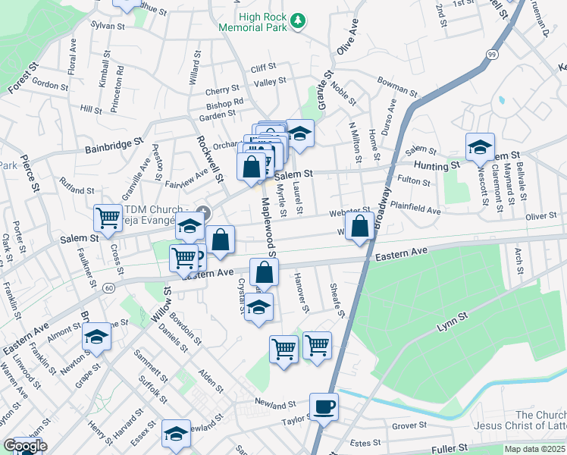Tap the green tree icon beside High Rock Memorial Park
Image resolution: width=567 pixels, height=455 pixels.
299,20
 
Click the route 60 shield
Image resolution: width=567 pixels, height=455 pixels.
109,287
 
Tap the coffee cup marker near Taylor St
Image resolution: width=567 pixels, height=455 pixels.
324,407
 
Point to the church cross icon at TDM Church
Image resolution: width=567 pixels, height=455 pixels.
202,212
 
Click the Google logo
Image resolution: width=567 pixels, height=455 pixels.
25,446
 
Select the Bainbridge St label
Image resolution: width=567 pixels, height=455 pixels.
114,144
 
